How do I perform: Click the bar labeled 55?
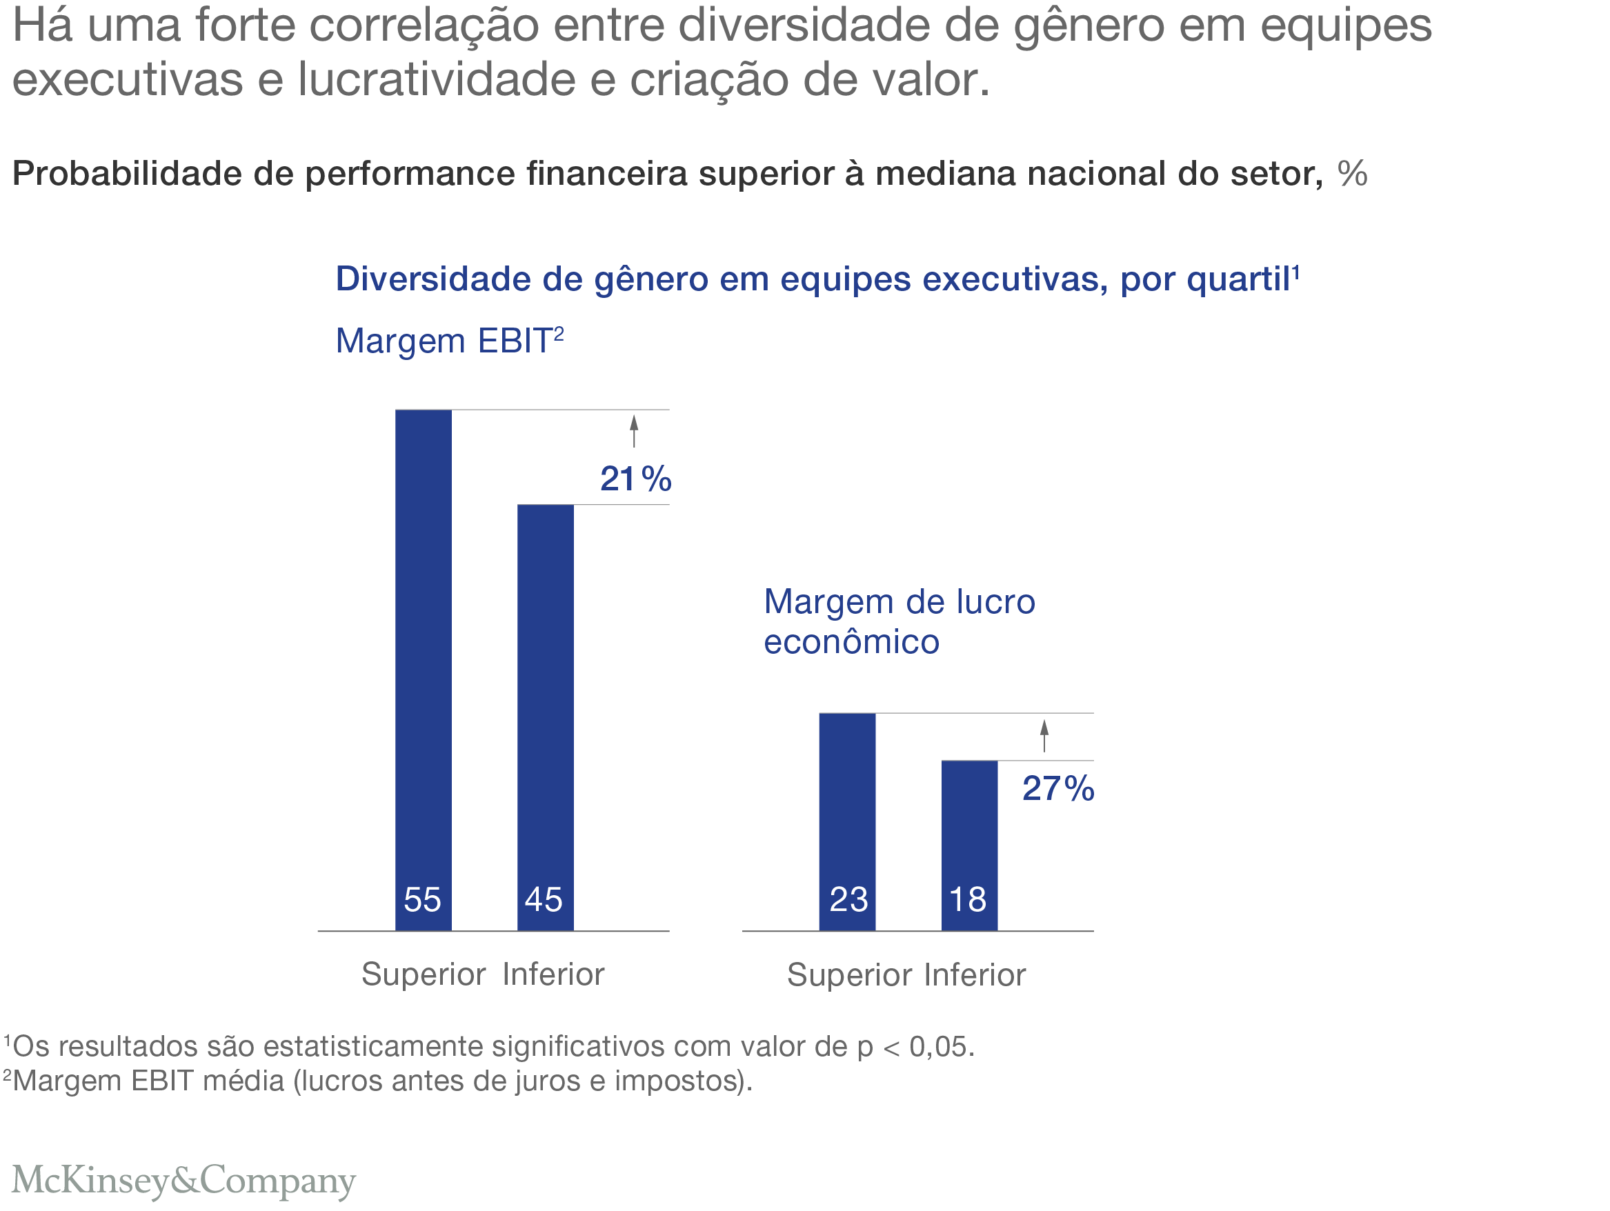pos(423,670)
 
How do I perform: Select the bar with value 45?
pos(545,717)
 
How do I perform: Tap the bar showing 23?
pos(846,821)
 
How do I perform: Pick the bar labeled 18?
pos(968,845)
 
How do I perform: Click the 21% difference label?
pos(635,479)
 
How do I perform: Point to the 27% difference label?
pos(1057,788)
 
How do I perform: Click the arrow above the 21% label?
pos(634,430)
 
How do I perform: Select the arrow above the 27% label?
pos(1044,735)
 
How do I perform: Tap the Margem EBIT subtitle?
pos(449,341)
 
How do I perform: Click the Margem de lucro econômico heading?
pos(899,621)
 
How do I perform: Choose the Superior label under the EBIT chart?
pos(424,974)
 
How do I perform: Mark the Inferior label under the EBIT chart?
pos(553,974)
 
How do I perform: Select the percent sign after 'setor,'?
pos(1351,174)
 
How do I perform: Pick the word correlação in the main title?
pos(424,26)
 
